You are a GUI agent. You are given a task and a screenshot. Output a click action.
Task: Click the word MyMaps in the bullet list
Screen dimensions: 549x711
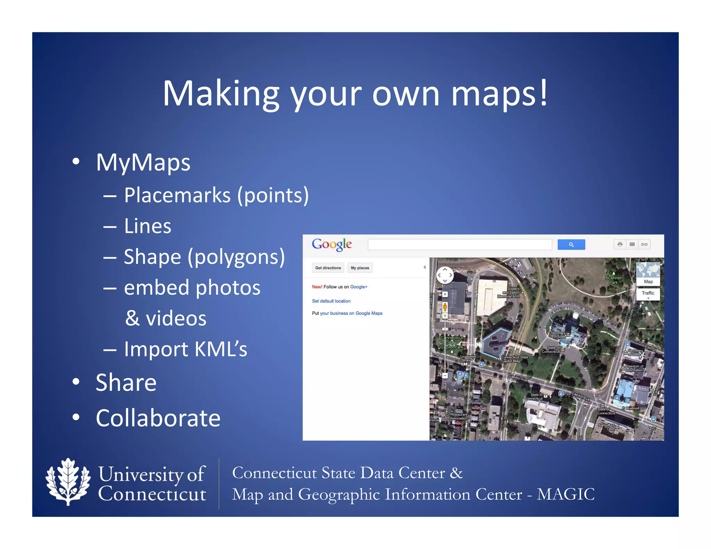[x=143, y=162]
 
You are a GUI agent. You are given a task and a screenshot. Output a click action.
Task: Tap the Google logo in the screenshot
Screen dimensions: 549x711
[x=332, y=244]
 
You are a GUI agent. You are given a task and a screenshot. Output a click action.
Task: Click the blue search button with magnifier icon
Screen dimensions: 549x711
[x=571, y=245]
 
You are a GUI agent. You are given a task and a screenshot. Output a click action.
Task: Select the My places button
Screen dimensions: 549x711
[x=360, y=268]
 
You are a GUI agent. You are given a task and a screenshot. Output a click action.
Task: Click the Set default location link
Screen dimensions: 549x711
[x=331, y=301]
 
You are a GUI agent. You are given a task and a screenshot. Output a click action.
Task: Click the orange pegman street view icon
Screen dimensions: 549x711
[x=445, y=307]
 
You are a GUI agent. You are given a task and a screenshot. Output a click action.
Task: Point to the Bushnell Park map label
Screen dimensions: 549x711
[x=613, y=280]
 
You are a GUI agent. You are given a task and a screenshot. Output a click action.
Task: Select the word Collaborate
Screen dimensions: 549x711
[x=158, y=418]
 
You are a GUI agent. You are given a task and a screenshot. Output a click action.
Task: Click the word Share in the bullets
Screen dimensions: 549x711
[x=126, y=383]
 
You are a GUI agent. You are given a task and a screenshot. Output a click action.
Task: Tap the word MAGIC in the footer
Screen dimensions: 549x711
[x=566, y=494]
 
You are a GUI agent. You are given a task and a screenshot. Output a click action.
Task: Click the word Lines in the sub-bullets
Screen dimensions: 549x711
[x=148, y=226]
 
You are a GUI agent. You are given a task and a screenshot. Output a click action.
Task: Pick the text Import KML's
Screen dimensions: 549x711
[x=185, y=349]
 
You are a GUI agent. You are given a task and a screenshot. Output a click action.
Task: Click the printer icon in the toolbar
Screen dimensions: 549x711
[x=620, y=244]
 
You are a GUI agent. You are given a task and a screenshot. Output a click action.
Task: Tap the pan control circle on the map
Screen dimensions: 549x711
[x=445, y=275]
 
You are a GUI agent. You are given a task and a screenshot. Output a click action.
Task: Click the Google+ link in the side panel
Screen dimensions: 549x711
[x=359, y=287]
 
